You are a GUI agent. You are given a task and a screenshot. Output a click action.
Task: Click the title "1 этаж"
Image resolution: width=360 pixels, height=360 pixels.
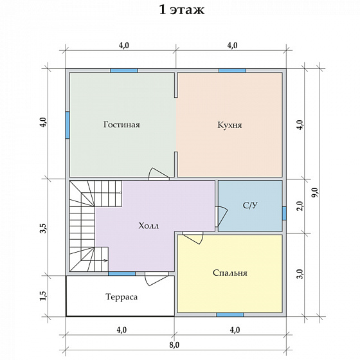click(x=181, y=10)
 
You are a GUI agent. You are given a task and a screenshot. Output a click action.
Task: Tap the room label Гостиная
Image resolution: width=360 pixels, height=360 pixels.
click(x=122, y=125)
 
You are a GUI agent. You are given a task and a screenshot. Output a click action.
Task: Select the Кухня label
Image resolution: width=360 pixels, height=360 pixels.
click(x=230, y=125)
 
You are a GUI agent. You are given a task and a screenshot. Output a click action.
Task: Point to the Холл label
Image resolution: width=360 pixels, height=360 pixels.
click(x=148, y=226)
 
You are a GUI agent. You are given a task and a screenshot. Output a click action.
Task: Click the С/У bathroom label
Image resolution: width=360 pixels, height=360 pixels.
click(x=250, y=205)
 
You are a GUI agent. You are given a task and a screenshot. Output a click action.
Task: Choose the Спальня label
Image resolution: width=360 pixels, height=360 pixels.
click(x=230, y=273)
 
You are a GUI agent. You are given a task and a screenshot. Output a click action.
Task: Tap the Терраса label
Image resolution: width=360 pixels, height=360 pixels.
click(x=122, y=297)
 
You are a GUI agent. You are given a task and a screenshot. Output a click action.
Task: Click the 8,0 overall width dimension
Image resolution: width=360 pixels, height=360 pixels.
click(x=175, y=345)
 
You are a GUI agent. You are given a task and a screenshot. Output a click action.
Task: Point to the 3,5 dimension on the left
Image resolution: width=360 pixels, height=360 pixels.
click(x=44, y=228)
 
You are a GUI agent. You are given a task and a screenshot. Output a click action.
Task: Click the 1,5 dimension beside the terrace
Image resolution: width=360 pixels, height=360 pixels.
click(x=44, y=296)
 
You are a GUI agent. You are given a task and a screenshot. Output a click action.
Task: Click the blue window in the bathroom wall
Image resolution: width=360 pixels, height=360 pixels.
click(x=284, y=213)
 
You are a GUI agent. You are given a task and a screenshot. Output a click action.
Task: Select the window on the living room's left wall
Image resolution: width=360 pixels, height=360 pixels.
click(x=67, y=125)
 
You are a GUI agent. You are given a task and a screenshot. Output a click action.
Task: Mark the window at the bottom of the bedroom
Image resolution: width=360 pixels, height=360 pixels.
click(x=230, y=314)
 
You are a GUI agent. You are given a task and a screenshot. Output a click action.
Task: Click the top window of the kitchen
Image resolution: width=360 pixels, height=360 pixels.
click(x=232, y=71)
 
